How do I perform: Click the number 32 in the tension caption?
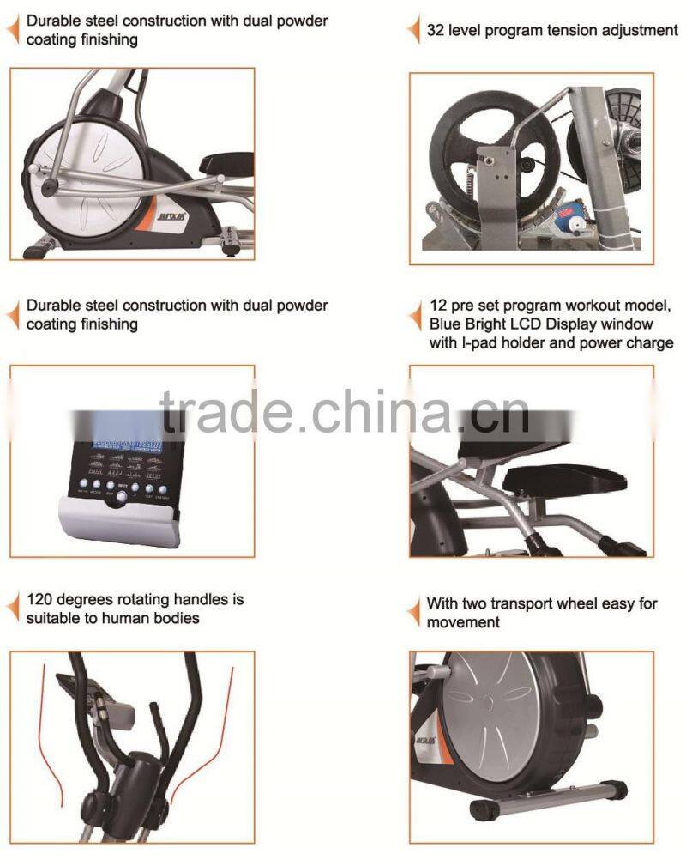click(x=436, y=32)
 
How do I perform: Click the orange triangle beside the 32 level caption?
click(x=413, y=32)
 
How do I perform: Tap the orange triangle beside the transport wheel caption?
click(x=413, y=611)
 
